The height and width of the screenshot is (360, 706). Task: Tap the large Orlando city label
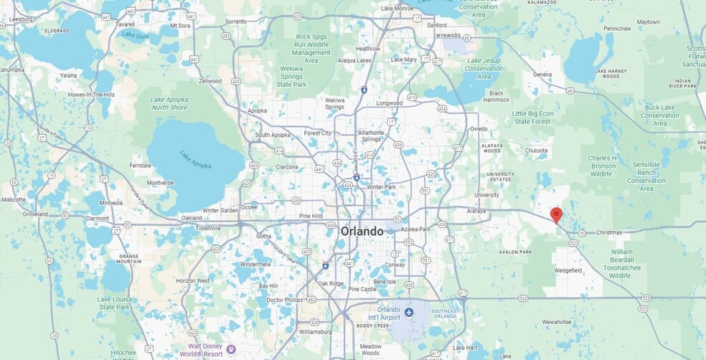[362, 232]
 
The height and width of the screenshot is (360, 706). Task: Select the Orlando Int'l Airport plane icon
[409, 312]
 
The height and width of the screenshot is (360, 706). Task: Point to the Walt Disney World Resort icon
[230, 349]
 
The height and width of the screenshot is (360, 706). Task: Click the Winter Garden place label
[220, 211]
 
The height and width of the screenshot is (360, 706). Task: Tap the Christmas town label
[610, 233]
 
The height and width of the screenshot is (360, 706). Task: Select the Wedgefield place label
[569, 270]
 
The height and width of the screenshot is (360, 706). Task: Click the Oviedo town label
[479, 129]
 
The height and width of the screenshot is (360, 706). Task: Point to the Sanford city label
[436, 25]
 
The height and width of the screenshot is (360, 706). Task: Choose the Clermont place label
[98, 218]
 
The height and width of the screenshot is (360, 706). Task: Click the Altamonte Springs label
[371, 136]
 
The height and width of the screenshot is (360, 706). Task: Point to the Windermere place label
[255, 264]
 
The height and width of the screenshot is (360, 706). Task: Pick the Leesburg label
[21, 19]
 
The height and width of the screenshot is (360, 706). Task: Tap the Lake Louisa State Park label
[115, 303]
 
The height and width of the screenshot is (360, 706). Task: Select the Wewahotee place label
[557, 322]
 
